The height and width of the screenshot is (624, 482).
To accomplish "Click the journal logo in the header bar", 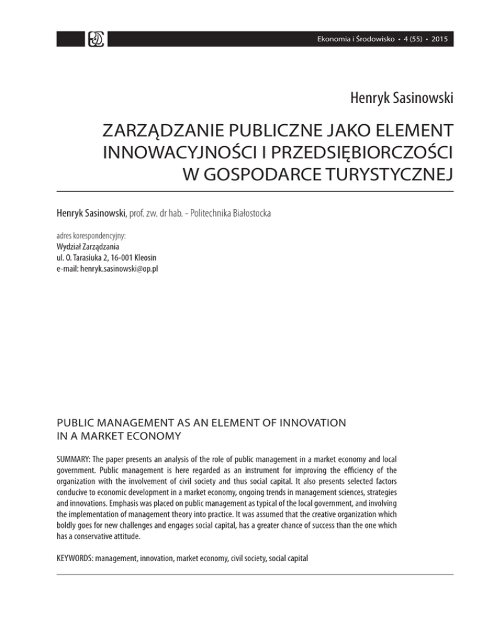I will (x=98, y=38).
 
